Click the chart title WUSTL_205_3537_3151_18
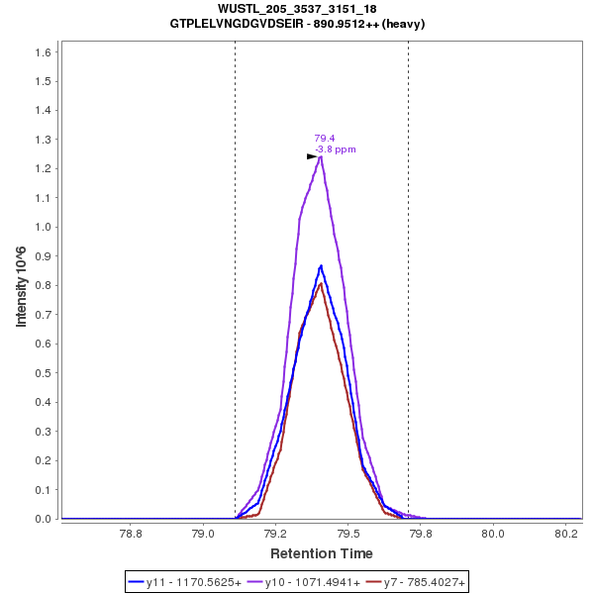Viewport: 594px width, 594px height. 297,9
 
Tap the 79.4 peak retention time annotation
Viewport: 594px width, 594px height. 324,139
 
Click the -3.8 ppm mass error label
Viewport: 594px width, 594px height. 335,149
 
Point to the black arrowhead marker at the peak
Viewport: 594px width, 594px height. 312,156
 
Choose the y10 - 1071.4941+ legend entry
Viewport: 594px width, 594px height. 307,583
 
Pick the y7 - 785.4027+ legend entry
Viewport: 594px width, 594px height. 416,583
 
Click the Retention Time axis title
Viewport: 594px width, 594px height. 322,553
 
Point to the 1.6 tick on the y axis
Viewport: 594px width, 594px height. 45,51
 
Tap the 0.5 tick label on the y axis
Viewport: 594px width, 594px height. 45,373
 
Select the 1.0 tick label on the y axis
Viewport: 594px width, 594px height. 45,227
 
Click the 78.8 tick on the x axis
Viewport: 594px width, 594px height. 130,532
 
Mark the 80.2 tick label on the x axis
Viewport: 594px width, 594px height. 565,532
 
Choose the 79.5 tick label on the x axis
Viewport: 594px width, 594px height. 347,532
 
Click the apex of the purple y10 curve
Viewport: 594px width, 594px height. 321,155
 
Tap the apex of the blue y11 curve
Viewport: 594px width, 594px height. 321,265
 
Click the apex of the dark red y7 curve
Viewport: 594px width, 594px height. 321,284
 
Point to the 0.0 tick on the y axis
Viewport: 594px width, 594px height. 45,519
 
